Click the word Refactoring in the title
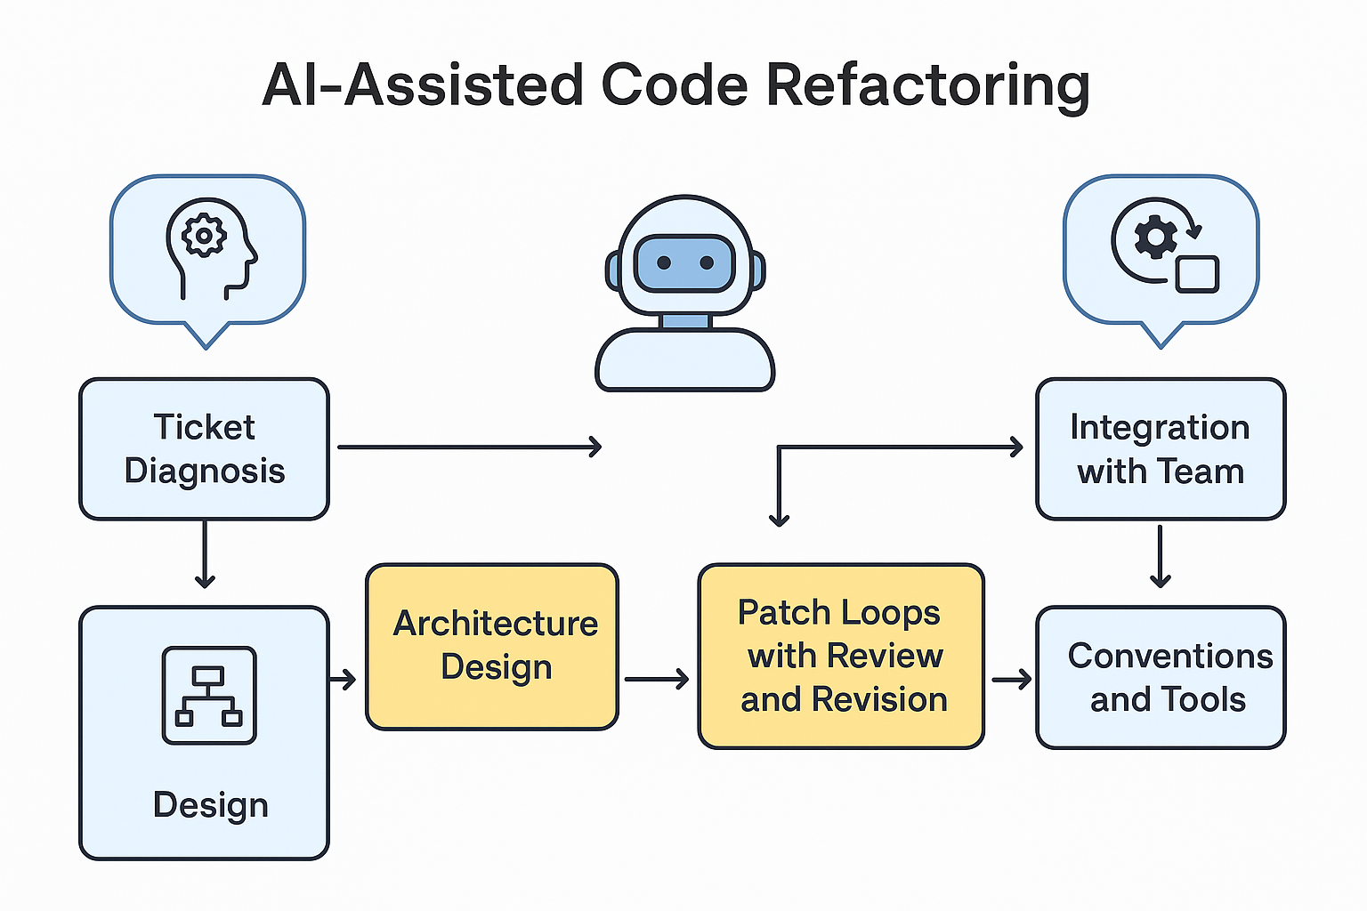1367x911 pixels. point(927,86)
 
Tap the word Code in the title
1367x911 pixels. point(675,85)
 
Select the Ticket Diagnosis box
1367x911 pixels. point(205,449)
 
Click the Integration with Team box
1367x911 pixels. point(1161,449)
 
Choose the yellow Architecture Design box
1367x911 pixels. point(492,647)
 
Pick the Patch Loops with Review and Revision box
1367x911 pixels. point(842,656)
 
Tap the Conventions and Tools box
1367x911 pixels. point(1161,677)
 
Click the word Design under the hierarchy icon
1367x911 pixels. point(211,805)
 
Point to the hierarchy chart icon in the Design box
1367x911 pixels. point(209,695)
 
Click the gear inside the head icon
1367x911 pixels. point(205,235)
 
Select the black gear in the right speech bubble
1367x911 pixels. point(1155,237)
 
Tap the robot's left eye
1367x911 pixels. point(664,262)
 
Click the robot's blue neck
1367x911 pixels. point(685,321)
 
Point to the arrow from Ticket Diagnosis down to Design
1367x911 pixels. point(205,554)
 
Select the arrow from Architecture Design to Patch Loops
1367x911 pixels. point(657,679)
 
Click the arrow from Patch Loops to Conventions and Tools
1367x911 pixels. point(1012,679)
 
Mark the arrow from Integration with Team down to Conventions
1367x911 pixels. point(1161,556)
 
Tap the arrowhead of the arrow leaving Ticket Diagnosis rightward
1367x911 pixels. point(595,447)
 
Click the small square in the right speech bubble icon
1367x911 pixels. point(1197,275)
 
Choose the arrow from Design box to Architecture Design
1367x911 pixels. point(343,679)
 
